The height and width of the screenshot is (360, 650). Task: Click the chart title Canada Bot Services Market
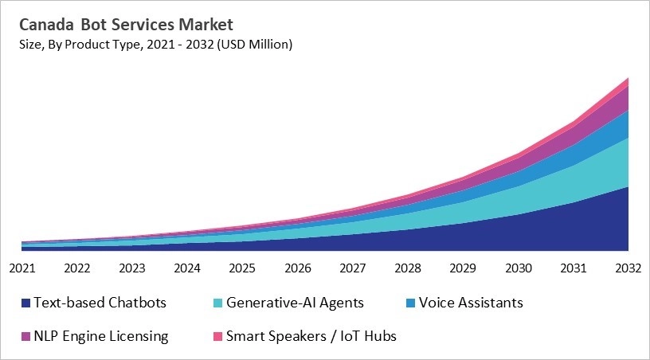[x=121, y=24]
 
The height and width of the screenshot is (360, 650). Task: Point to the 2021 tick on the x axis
[x=22, y=268]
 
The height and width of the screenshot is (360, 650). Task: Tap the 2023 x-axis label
[x=132, y=268]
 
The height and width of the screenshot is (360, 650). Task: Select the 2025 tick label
[x=242, y=268]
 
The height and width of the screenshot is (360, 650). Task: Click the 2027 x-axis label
[x=352, y=268]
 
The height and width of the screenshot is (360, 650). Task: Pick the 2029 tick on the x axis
[x=463, y=268]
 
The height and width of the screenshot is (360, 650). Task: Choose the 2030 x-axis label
[x=518, y=268]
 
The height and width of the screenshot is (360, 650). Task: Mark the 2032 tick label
[x=628, y=268]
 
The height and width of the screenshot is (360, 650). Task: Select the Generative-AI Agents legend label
[x=295, y=303]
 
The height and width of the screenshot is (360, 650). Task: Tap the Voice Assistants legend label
[x=470, y=303]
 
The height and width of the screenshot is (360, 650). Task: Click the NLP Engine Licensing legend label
[x=101, y=336]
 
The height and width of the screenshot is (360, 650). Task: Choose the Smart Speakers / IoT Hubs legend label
[x=311, y=336]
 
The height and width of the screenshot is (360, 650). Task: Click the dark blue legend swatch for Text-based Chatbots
[x=25, y=303]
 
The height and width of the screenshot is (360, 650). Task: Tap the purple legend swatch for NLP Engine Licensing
[x=25, y=337]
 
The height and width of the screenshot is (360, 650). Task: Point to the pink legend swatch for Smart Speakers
[x=217, y=337]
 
